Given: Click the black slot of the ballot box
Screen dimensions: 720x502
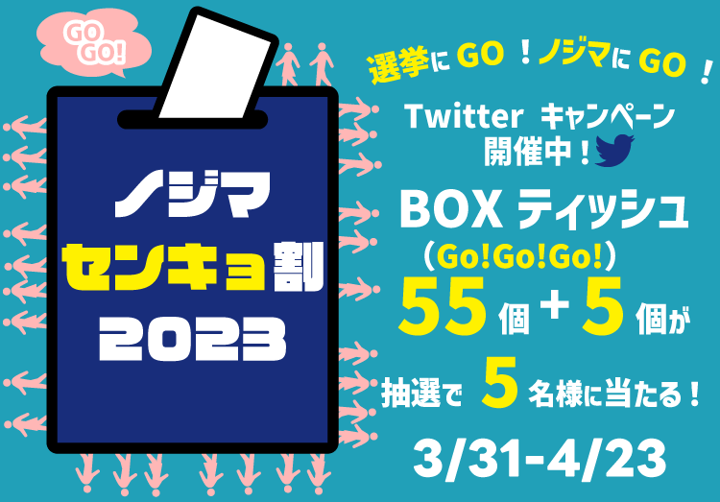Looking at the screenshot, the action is pos(193,120).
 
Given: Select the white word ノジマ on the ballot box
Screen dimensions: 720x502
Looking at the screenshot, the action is pos(192,194).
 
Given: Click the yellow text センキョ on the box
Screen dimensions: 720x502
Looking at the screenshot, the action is pos(165,267).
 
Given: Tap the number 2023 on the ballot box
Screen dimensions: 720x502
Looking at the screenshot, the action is pos(192,339).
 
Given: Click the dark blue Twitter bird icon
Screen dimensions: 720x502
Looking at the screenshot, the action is pos(614,150).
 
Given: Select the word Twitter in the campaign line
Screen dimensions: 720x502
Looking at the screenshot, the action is pos(464,117).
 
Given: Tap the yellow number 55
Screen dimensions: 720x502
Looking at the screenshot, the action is pos(442,306).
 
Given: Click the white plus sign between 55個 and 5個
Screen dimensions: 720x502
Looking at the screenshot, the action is pos(555,303).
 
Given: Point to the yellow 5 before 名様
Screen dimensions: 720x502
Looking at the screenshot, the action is pos(499,383).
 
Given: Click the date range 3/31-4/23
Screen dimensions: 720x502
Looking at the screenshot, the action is pos(540,458).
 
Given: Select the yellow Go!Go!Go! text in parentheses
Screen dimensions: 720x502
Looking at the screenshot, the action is pos(518,257).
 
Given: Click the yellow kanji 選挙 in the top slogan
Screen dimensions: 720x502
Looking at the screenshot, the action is pos(398,65).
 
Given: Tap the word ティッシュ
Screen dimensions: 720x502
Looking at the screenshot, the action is pos(604,211).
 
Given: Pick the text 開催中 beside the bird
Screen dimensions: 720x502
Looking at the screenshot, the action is pos(528,152).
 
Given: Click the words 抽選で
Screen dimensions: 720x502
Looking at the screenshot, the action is pos(421,394).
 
